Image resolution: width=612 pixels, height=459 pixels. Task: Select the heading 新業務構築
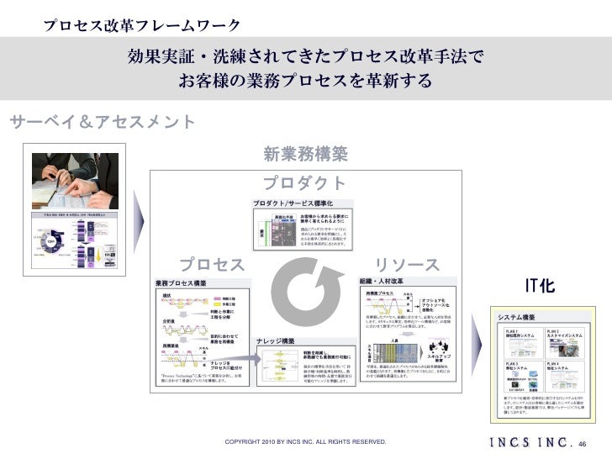coord(305,154)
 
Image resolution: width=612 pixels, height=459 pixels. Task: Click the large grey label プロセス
coord(212,266)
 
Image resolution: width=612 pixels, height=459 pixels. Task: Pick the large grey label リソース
coord(406,266)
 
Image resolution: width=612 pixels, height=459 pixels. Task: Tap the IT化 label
coord(539,286)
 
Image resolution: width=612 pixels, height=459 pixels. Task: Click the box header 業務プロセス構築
coord(182,284)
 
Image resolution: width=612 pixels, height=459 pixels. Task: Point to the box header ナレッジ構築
coord(276,340)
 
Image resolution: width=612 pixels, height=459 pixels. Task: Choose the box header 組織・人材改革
coord(382,280)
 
